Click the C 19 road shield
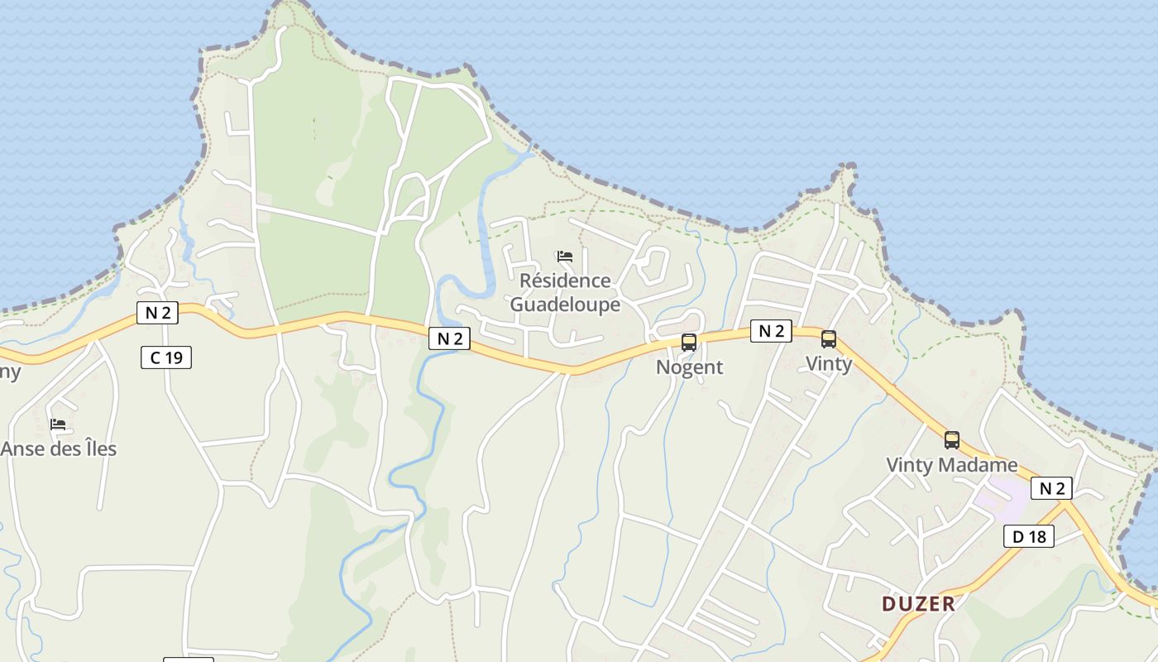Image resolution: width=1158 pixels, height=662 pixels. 166,357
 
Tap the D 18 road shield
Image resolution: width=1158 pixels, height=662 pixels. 1029,536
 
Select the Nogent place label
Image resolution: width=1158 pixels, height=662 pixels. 689,367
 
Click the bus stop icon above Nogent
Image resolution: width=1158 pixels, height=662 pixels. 688,342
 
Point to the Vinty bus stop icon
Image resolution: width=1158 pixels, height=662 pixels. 828,338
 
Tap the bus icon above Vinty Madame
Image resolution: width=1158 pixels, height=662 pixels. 952,439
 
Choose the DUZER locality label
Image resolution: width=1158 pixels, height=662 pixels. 918,603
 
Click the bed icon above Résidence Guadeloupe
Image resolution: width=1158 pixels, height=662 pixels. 565,257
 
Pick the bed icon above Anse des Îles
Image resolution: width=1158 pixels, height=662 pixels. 58,425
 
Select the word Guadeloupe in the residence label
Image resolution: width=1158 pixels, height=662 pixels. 565,305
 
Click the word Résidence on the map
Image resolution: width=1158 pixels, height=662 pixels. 565,281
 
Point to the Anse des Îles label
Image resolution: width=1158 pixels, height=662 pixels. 59,449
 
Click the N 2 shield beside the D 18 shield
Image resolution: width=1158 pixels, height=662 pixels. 1051,488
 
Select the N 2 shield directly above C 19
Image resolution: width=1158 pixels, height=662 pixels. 157,313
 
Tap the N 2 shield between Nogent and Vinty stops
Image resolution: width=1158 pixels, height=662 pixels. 771,331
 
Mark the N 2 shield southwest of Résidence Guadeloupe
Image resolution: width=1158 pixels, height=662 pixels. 449,338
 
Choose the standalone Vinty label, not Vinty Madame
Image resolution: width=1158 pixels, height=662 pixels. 828,363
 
